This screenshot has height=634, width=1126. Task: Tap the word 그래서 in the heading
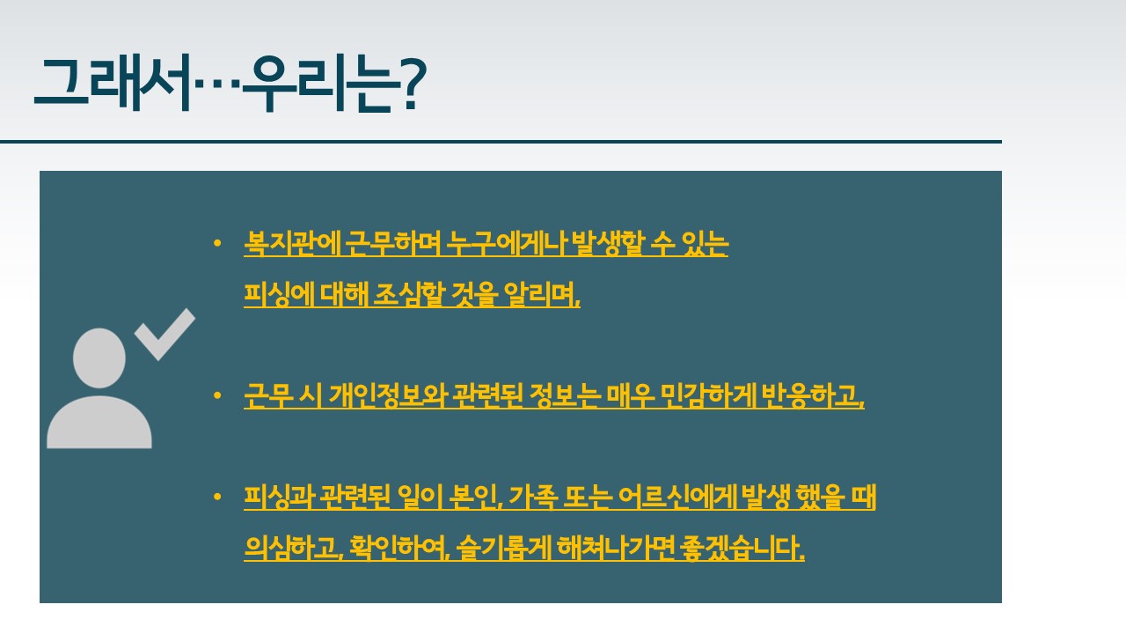tap(112, 83)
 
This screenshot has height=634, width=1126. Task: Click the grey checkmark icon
tap(165, 334)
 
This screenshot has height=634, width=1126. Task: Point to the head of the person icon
tap(99, 358)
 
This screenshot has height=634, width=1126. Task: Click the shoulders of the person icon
tap(99, 422)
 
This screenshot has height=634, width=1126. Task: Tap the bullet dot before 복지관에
tap(217, 244)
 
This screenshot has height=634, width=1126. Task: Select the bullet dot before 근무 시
tap(217, 395)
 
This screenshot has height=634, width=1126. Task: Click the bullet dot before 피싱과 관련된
tap(217, 497)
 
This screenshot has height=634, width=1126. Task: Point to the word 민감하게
tap(707, 395)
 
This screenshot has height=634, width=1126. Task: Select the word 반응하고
tap(812, 395)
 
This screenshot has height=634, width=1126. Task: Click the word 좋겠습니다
tap(742, 548)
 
